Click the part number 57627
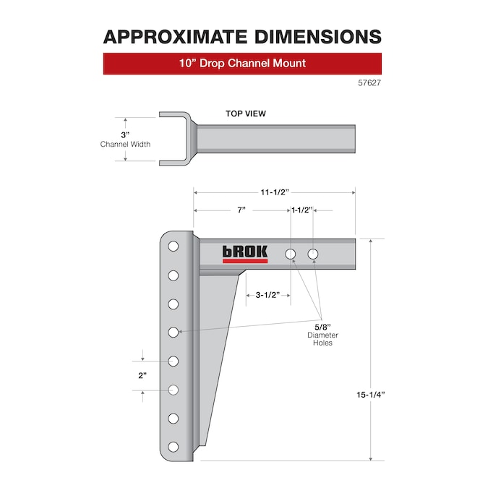coord(369,83)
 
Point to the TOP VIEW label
coord(245,114)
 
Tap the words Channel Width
coord(125,144)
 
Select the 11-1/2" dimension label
coord(275,192)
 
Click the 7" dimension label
coord(241,210)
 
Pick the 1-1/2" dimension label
coord(302,210)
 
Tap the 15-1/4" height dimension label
coord(371,395)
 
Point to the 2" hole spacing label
coord(142,375)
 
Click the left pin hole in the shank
coord(291,254)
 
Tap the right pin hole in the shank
coord(313,254)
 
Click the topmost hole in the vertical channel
coord(174,247)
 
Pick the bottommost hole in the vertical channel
coord(174,447)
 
